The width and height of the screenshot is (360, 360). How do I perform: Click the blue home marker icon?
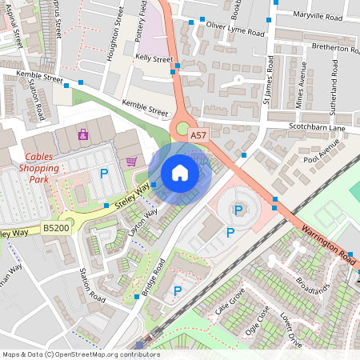(180, 173)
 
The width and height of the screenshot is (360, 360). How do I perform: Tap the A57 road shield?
(198, 137)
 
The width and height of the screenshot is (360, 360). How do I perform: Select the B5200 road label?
(56, 228)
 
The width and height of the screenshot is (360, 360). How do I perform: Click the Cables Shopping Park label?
(41, 168)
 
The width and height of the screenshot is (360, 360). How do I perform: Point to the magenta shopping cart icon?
(131, 162)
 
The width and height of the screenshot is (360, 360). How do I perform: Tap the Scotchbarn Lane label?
(316, 128)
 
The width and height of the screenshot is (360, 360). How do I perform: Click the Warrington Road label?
(330, 246)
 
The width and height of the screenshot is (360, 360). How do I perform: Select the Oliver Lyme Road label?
(235, 29)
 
